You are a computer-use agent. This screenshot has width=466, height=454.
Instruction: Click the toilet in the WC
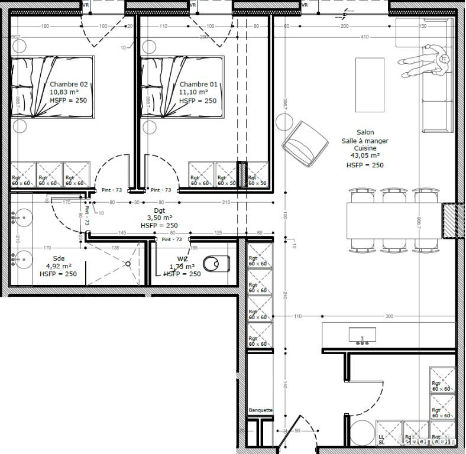tap(215, 262)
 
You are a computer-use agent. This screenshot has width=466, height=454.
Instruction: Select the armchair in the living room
tap(306, 144)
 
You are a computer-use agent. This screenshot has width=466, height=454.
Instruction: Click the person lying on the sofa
tap(425, 63)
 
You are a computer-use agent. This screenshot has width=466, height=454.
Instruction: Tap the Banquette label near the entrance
tap(260, 410)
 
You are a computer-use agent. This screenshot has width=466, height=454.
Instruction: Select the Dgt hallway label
tap(159, 210)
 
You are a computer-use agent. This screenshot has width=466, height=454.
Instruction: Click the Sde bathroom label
tap(58, 258)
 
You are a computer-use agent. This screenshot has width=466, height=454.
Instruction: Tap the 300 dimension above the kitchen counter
tap(389, 317)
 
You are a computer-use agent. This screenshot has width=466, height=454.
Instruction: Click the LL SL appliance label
tap(381, 439)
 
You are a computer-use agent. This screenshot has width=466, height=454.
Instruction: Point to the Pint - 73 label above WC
tap(171, 239)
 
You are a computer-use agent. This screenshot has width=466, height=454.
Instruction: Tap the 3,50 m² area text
tap(159, 218)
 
